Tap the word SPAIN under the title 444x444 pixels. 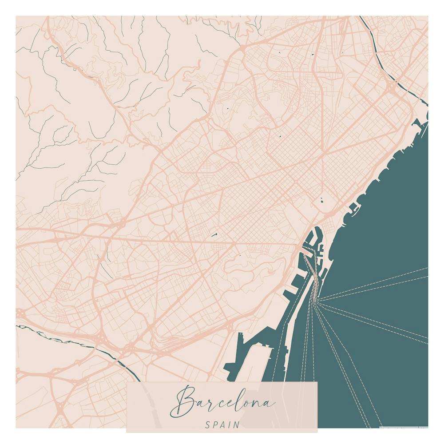(x=222, y=424)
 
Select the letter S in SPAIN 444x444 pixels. (x=208, y=424)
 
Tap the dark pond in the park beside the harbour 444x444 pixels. (x=321, y=200)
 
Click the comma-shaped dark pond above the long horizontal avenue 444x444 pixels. (x=215, y=234)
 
